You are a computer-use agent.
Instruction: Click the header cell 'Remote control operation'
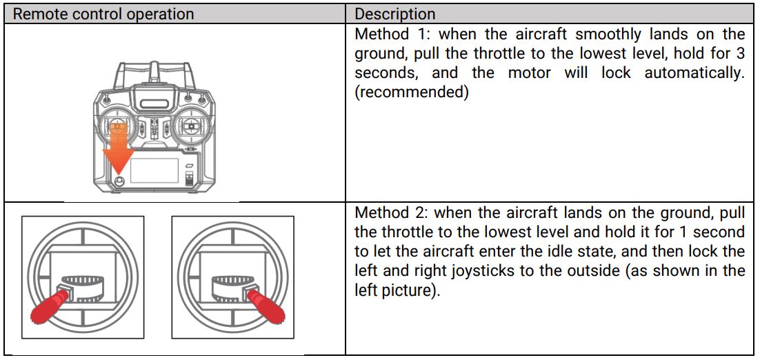pos(103,14)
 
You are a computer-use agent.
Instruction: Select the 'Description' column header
pos(395,14)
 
